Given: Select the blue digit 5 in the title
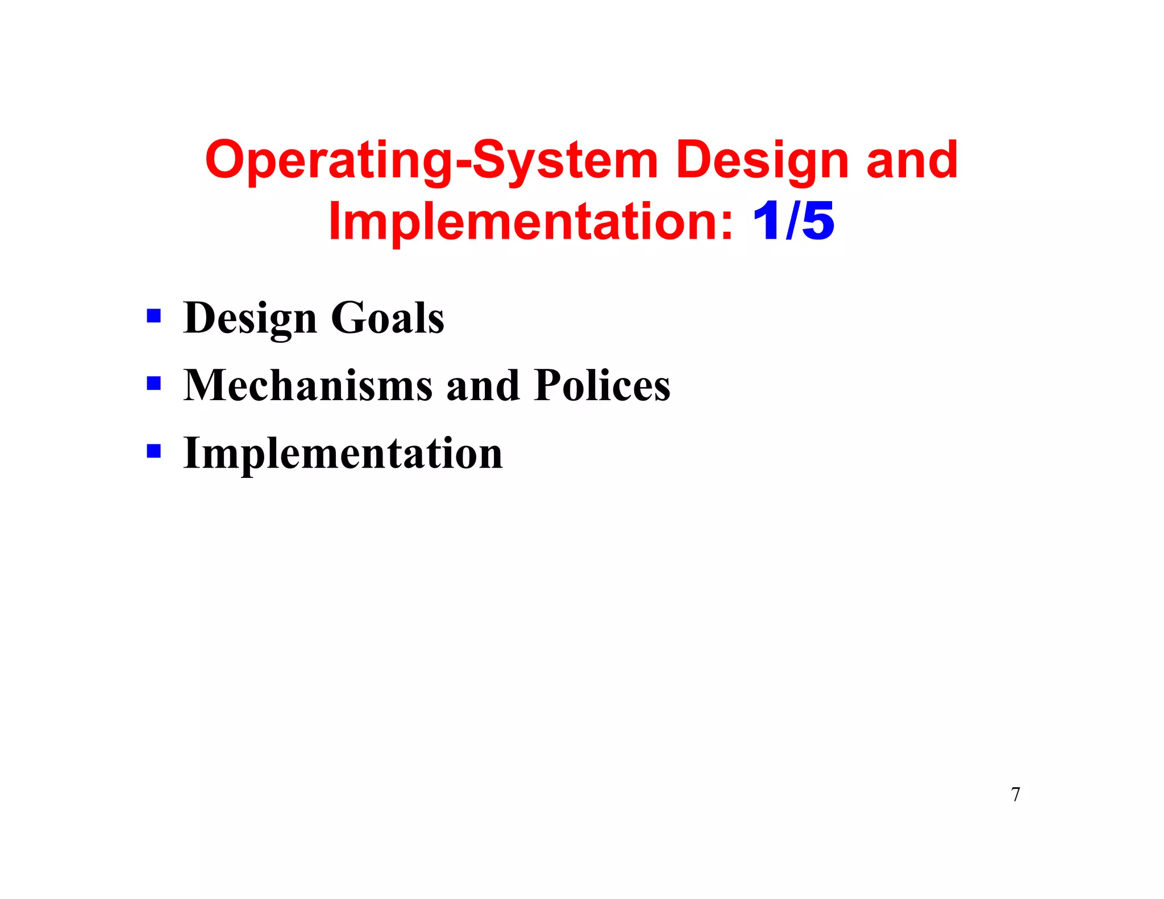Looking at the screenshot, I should click(818, 222).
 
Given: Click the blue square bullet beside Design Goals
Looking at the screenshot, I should click(153, 315).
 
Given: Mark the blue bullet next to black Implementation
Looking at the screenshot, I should click(153, 451).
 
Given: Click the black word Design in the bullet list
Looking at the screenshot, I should click(250, 318).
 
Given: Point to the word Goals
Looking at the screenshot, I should click(387, 318).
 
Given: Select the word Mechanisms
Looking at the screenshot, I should click(307, 385).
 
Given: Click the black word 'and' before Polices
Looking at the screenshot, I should click(483, 385).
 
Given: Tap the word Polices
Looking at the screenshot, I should click(602, 385).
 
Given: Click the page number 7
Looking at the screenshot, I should click(1016, 794).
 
